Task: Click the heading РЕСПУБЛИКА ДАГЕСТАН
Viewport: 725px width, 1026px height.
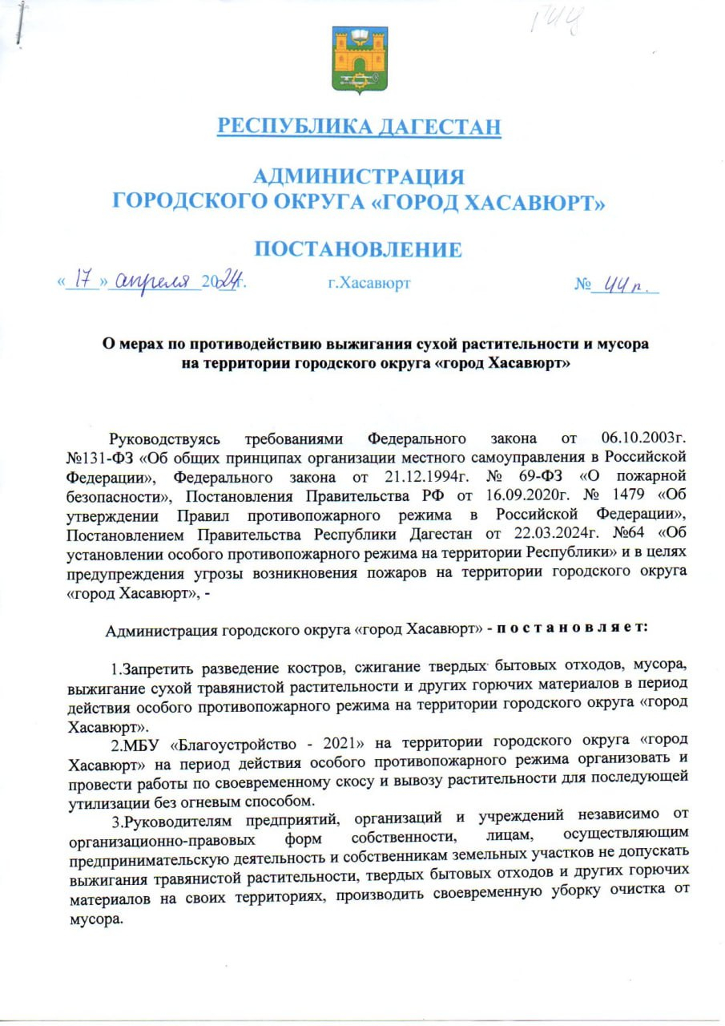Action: pyautogui.click(x=360, y=127)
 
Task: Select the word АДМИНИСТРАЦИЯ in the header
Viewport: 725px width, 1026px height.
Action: pyautogui.click(x=358, y=176)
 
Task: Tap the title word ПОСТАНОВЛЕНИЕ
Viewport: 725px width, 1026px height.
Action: pyautogui.click(x=358, y=249)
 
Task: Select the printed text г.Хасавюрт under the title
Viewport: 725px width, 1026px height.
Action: pyautogui.click(x=369, y=284)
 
